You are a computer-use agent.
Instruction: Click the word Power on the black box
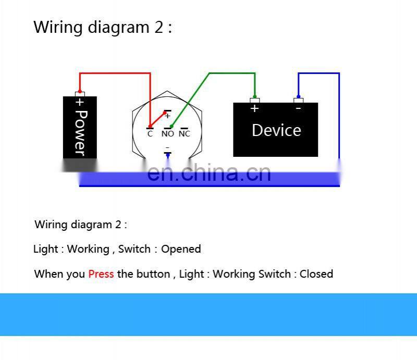80,132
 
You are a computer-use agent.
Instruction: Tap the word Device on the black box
276,130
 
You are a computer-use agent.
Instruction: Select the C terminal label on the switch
150,134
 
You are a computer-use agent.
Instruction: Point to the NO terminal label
167,134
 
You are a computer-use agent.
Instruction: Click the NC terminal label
184,134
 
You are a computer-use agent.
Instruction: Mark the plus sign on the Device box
254,108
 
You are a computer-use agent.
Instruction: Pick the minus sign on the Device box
298,108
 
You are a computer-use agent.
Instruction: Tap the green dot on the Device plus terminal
254,96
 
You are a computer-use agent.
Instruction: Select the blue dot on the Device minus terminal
298,96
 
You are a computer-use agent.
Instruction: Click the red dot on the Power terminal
80,92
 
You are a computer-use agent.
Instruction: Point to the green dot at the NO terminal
171,127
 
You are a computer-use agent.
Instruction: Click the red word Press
101,274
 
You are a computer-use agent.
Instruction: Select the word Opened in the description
181,249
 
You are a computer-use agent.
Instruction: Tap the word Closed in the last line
316,274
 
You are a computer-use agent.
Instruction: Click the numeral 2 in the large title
158,27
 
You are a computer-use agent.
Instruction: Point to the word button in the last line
153,274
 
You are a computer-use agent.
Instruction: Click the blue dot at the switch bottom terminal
167,155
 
